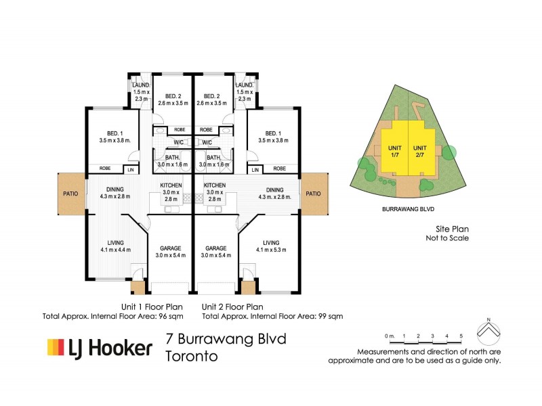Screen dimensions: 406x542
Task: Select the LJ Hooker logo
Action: pyautogui.click(x=100, y=348)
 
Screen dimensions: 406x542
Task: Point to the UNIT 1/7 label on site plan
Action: pyautogui.click(x=394, y=151)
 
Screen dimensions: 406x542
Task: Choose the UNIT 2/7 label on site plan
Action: pyautogui.click(x=421, y=151)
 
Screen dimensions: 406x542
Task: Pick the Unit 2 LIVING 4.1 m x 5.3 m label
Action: pyautogui.click(x=271, y=246)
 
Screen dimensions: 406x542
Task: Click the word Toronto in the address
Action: pyautogui.click(x=192, y=357)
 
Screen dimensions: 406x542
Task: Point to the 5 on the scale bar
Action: pyautogui.click(x=461, y=336)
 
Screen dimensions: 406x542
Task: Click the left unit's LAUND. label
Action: pyautogui.click(x=140, y=85)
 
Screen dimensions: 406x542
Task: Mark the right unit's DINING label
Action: pyautogui.click(x=275, y=190)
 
